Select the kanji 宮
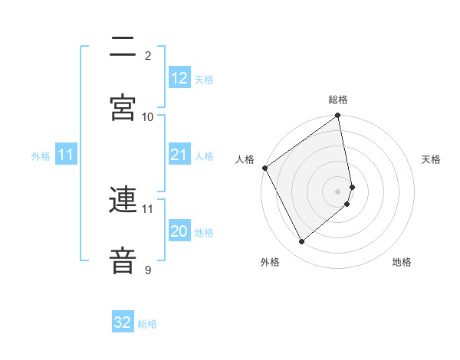(123, 107)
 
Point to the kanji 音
(123, 260)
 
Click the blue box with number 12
(179, 78)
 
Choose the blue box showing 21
(179, 155)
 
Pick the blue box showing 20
(179, 231)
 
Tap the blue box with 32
(123, 322)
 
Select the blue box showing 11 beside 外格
(66, 155)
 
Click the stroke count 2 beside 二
(148, 56)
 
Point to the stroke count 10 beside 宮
(148, 116)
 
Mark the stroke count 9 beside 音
(148, 270)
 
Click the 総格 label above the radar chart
(338, 100)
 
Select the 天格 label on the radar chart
(432, 159)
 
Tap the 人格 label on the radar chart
(245, 159)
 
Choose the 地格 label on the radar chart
(402, 262)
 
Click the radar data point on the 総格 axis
(338, 116)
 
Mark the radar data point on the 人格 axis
(264, 168)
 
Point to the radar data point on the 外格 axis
(302, 242)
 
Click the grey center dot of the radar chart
(338, 191)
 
